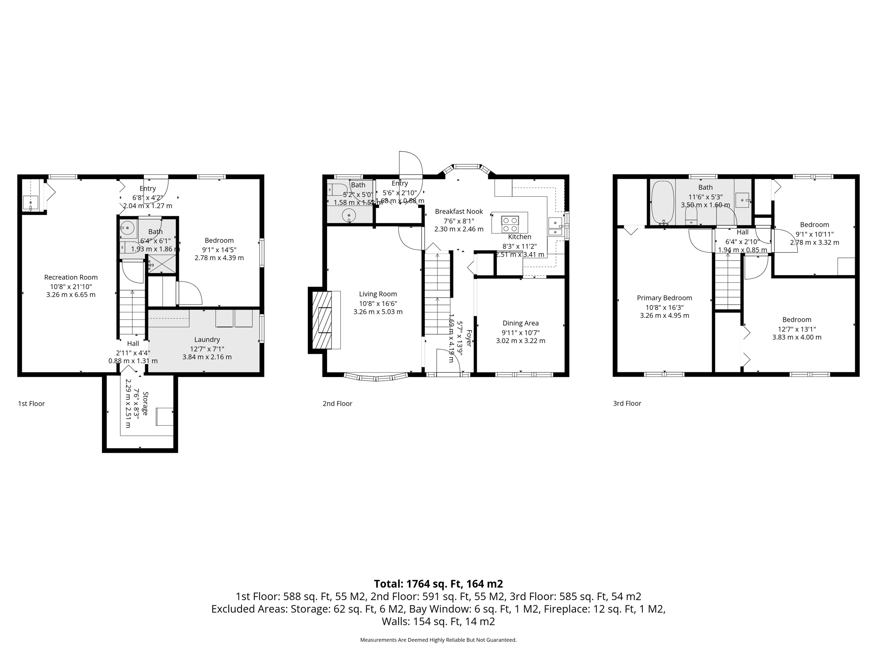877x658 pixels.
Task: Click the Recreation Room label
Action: click(x=71, y=277)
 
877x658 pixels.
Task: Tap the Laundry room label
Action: click(x=207, y=339)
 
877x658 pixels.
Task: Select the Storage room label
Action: click(x=145, y=403)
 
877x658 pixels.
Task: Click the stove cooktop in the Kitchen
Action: click(x=510, y=222)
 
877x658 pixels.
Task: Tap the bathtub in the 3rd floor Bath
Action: click(x=662, y=202)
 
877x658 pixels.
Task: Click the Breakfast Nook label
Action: click(x=459, y=211)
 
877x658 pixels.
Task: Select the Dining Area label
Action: click(x=520, y=323)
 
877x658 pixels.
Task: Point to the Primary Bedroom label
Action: click(x=664, y=298)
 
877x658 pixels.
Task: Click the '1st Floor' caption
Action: click(x=31, y=404)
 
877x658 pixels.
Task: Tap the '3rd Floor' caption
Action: click(x=627, y=403)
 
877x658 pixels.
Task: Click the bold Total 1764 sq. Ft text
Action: click(x=438, y=584)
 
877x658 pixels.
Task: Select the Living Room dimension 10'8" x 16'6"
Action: click(x=378, y=303)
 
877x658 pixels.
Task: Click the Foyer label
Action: click(x=468, y=338)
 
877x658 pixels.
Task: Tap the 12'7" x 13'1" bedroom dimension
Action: click(x=796, y=329)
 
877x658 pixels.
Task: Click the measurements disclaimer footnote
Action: click(x=438, y=640)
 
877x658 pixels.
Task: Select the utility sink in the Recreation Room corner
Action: click(x=31, y=202)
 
